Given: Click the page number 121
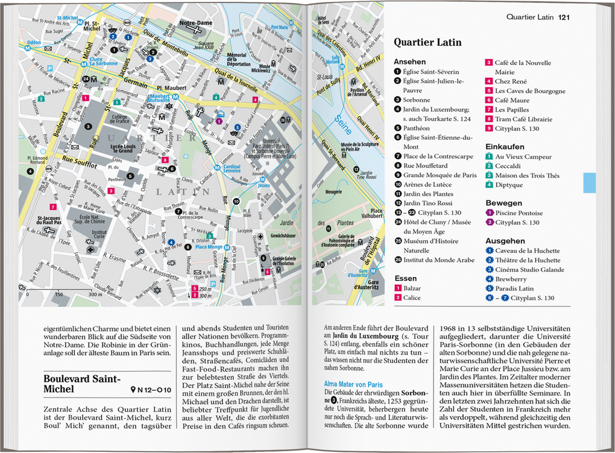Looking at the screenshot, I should tap(564, 17).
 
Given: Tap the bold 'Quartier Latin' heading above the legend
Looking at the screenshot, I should tap(427, 42).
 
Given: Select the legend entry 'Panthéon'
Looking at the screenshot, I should tap(416, 128).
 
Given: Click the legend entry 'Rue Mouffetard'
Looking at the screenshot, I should tap(425, 165).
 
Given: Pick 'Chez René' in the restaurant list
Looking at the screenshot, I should tap(511, 81).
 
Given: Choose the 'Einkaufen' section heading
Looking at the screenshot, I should tap(505, 146).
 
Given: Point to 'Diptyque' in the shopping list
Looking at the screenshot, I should tap(509, 185).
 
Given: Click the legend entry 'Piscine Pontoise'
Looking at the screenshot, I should tap(519, 213).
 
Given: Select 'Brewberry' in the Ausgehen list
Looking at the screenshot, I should tap(511, 279).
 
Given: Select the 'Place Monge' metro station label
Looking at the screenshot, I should tap(209, 246).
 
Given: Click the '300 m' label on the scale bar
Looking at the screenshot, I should tap(94, 295).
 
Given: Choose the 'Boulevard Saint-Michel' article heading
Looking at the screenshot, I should tap(82, 384).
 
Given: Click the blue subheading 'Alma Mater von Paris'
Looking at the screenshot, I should tap(353, 382).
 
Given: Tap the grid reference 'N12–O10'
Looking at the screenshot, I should tap(151, 390).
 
